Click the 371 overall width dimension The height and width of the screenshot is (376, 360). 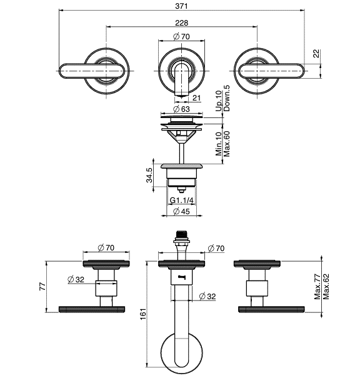(x=181, y=6)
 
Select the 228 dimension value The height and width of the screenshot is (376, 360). (x=182, y=22)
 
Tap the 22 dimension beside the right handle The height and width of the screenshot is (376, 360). (x=316, y=53)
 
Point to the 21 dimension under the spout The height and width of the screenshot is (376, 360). (x=196, y=98)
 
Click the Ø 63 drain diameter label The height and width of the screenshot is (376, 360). (x=181, y=109)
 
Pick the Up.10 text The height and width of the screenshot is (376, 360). (x=219, y=101)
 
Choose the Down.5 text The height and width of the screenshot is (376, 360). (x=226, y=98)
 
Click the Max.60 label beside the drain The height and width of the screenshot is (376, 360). (x=226, y=144)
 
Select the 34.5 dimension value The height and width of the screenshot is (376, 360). (x=149, y=175)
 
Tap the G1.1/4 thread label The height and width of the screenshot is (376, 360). (x=182, y=200)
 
